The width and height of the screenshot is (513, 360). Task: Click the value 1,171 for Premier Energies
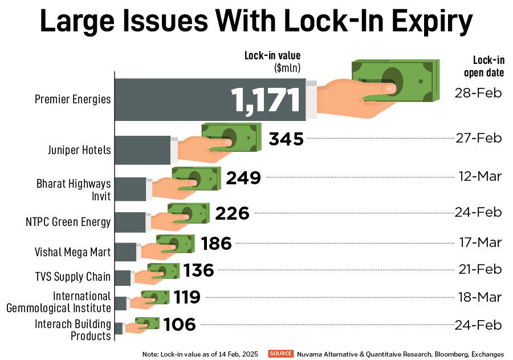[266, 100]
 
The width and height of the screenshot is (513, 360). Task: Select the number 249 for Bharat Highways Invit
[243, 178]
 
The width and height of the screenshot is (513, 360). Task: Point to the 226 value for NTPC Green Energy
[233, 213]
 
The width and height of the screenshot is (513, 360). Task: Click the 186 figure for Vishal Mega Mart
[217, 244]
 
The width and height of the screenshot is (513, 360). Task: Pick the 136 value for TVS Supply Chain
[199, 270]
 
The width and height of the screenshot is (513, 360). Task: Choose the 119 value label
[186, 297]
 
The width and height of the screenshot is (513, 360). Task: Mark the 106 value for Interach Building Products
[180, 325]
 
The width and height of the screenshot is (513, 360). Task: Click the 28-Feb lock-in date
[478, 92]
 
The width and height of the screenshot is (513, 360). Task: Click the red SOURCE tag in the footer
[280, 354]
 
